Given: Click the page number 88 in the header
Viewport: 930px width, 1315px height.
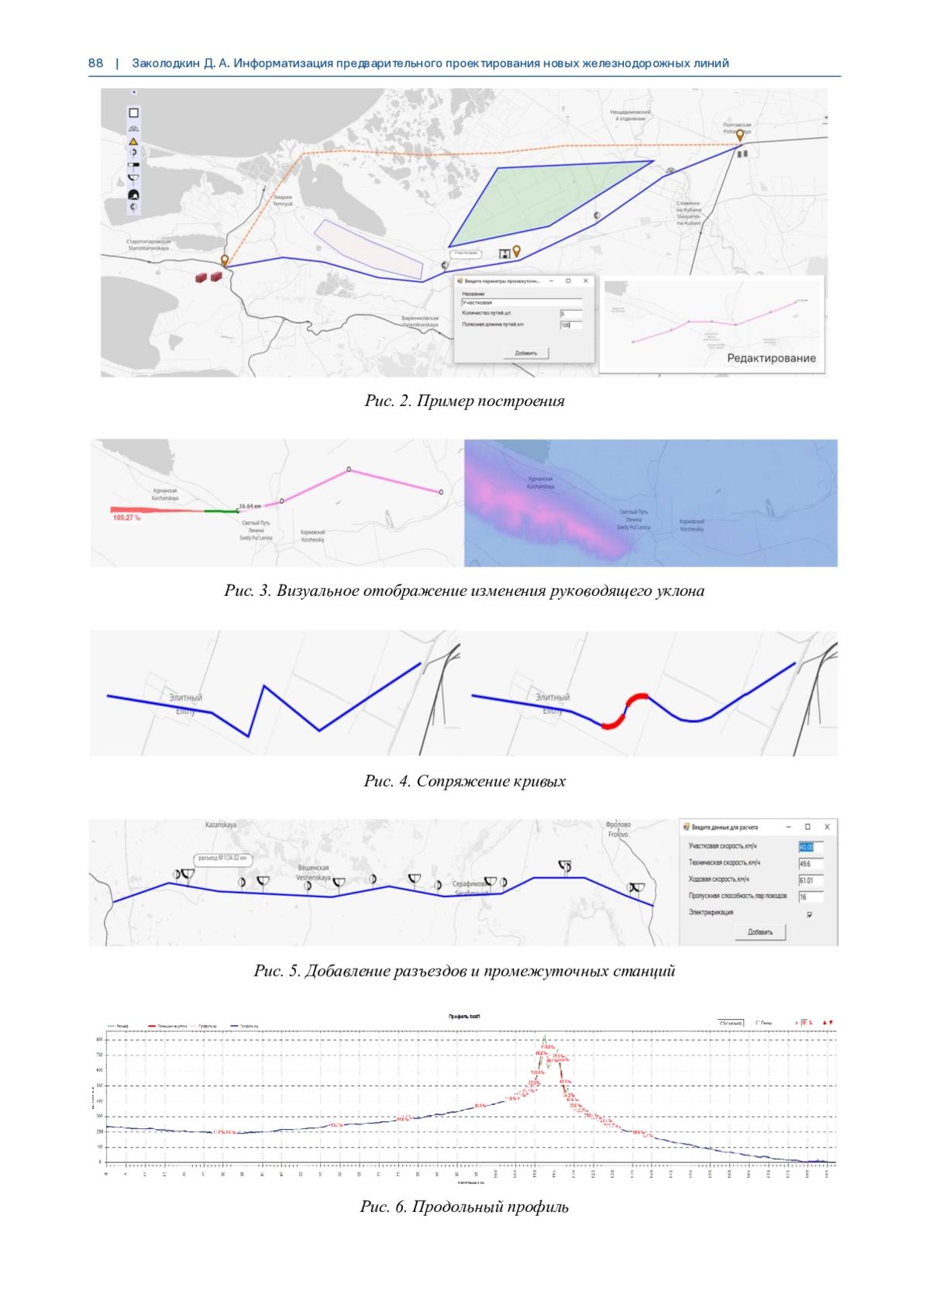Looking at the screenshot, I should (95, 64).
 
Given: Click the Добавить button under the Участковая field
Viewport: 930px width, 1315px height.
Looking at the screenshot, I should (526, 353).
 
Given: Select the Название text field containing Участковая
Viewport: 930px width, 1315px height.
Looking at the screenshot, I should (521, 302).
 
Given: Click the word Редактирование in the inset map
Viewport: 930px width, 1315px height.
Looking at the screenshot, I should (771, 358).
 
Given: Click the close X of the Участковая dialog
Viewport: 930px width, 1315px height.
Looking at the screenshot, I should (586, 281).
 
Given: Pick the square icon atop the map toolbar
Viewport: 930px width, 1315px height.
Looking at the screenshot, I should (133, 113).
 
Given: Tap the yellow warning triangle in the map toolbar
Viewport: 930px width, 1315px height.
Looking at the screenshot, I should (133, 142).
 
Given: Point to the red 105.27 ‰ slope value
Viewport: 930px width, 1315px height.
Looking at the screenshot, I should (126, 517).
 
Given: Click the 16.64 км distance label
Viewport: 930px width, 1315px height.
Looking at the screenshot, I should (250, 506).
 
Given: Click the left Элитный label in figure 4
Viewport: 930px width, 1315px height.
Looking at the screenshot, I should (186, 697).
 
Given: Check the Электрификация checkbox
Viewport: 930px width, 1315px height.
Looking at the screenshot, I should (810, 914).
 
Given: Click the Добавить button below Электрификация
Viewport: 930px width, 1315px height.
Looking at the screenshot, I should (760, 932).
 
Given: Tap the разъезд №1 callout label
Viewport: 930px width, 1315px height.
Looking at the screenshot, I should (222, 859).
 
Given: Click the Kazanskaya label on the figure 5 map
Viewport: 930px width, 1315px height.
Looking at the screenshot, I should (221, 825).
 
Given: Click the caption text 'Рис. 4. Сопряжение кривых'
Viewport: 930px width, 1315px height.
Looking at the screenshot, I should (464, 781).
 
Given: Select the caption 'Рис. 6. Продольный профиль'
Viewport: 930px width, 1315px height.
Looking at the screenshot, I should (464, 1207).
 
